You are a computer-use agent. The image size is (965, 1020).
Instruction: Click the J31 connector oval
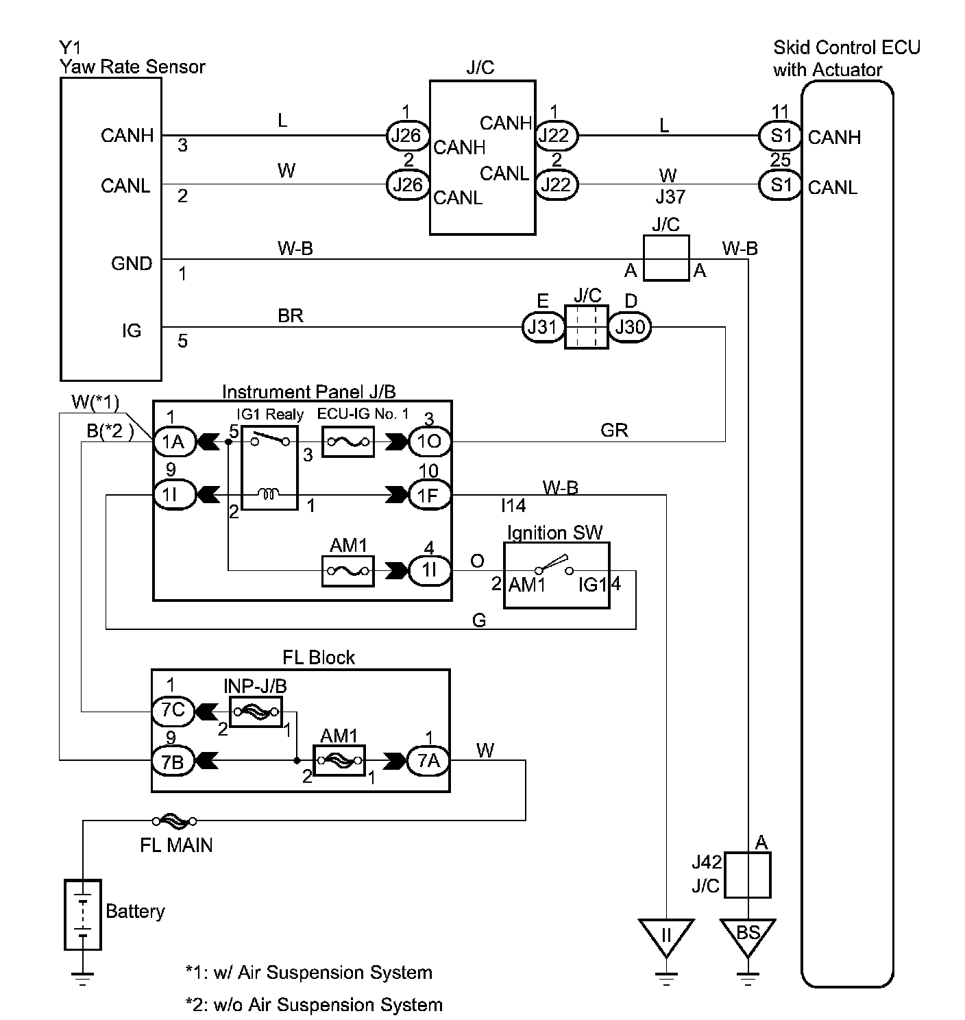(x=542, y=328)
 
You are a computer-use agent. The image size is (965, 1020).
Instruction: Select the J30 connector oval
(x=629, y=328)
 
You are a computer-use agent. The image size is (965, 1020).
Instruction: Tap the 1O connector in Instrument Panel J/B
(x=430, y=442)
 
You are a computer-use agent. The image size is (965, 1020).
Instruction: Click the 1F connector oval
(x=430, y=495)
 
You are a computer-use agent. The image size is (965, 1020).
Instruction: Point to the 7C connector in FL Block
(x=173, y=711)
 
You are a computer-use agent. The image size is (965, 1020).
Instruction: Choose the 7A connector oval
(x=428, y=760)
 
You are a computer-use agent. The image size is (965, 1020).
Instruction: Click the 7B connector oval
(x=173, y=760)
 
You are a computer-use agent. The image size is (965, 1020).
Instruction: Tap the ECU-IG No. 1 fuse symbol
(x=348, y=442)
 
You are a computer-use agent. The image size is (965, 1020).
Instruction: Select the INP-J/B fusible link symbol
(x=256, y=712)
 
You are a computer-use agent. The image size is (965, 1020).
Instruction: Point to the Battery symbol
(x=83, y=914)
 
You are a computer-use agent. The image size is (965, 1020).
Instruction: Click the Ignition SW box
(x=557, y=576)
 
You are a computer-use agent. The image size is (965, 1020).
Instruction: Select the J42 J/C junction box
(x=748, y=875)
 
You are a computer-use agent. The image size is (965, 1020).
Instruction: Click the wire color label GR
(x=614, y=430)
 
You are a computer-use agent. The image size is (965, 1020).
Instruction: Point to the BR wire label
(x=291, y=316)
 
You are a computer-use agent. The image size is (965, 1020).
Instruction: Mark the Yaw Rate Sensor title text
(x=132, y=66)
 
